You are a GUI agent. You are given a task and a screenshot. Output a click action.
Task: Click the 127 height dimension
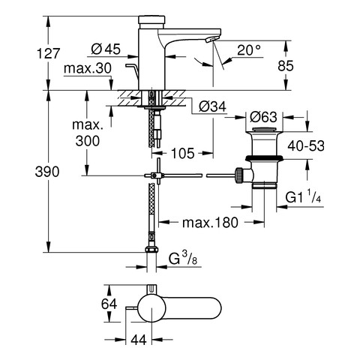(49, 53)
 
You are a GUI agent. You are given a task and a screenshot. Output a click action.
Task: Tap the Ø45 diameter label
(106, 49)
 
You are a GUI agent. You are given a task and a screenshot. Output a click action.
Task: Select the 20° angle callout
(249, 50)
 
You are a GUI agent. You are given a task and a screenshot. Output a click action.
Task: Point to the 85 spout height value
(286, 66)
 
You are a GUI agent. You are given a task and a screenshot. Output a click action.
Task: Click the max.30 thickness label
(88, 68)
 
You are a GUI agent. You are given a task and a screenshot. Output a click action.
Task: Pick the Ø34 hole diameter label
(212, 106)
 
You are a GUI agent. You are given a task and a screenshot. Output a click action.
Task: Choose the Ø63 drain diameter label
(263, 117)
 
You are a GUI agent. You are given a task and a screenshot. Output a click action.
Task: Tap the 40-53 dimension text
(306, 145)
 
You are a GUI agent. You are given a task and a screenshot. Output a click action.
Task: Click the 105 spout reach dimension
(183, 153)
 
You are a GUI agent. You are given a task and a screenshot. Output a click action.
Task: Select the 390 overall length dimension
(47, 172)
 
